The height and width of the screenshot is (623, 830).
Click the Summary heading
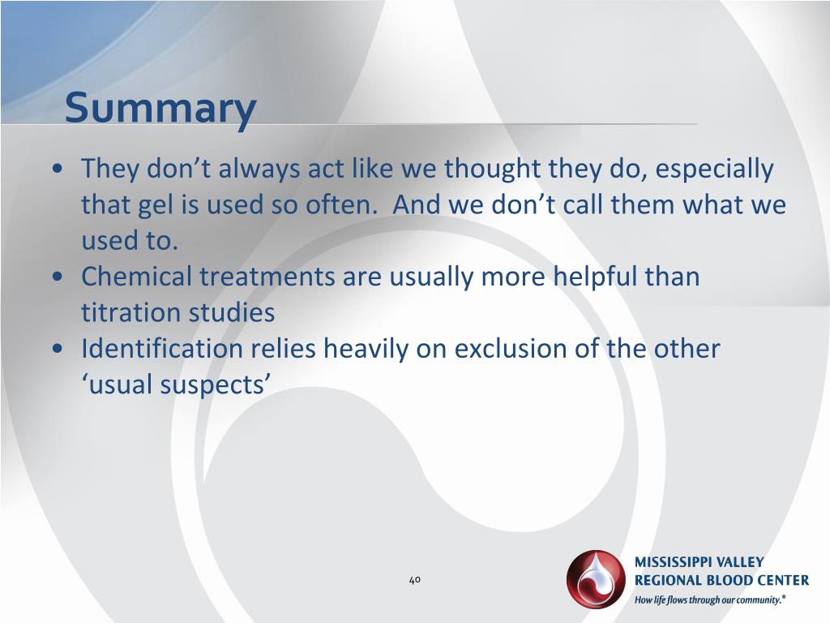point(160,108)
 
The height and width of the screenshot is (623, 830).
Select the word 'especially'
point(715,170)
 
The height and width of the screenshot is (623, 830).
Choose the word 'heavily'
point(367,349)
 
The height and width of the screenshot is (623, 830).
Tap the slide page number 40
point(414,580)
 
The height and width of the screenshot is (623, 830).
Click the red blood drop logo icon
point(597,579)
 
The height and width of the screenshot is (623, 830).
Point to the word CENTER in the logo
point(780,580)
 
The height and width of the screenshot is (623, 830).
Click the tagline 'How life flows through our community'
point(710,599)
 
